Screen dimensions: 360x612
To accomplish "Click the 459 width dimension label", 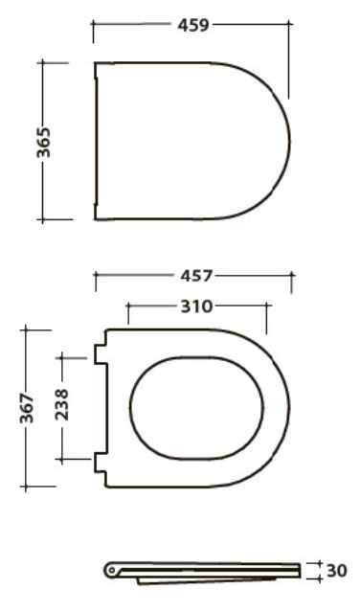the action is (x=193, y=25).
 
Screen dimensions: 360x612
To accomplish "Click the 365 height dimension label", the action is (x=43, y=143).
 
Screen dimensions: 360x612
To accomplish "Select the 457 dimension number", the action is (x=196, y=276).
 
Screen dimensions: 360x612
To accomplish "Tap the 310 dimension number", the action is (x=196, y=306).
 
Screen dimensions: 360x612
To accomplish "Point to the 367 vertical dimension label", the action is (x=27, y=409).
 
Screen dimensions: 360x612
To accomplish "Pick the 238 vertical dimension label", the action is (x=61, y=405).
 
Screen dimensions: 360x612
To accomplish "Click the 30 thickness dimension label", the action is (x=337, y=571).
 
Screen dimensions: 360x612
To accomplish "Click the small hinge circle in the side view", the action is (x=112, y=570).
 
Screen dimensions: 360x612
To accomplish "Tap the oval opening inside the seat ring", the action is (x=196, y=356).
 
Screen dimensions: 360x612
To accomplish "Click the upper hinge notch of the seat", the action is (x=101, y=354).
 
